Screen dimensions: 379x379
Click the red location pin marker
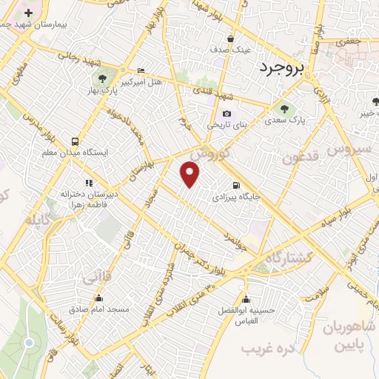(190, 175)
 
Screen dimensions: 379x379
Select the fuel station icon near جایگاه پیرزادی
(235, 186)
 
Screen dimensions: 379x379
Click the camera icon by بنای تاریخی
(227, 113)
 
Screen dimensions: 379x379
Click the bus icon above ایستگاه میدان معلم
(74, 141)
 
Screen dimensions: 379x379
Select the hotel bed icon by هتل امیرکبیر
(141, 72)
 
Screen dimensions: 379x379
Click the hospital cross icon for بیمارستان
(29, 13)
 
